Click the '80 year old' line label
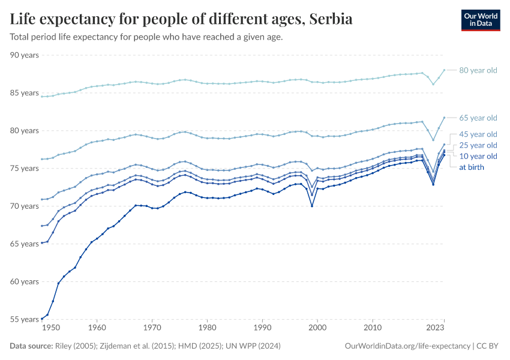point(478,70)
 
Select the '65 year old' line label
point(478,118)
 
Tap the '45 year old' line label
point(478,134)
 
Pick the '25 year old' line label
point(478,145)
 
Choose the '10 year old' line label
point(478,156)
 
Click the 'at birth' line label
point(471,167)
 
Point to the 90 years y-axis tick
point(25,55)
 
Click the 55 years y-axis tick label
point(25,319)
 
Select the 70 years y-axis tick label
point(25,206)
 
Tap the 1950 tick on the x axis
point(51,329)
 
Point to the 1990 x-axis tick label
point(262,329)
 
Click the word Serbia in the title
point(331,19)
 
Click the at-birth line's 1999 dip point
point(312,206)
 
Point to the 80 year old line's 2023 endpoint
point(444,70)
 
